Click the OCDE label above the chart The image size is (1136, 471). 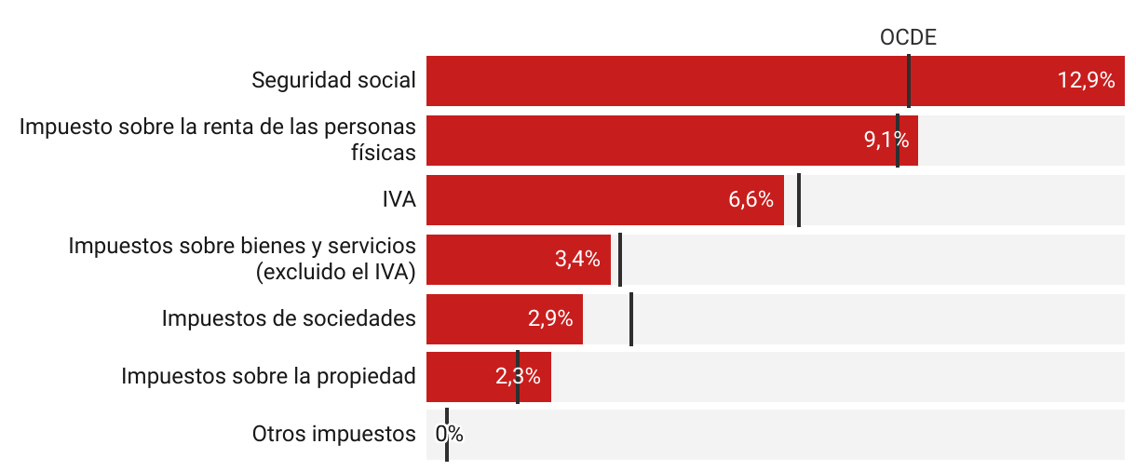[x=907, y=37]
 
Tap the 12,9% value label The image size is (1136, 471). [x=1086, y=81]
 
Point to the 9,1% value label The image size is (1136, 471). [x=886, y=141]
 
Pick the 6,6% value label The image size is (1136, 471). [x=751, y=200]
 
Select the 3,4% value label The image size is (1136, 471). [x=577, y=260]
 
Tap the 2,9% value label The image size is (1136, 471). [x=549, y=319]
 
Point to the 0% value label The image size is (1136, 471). [x=450, y=435]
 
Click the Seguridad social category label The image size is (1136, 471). [x=333, y=81]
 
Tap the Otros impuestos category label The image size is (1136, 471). [x=333, y=435]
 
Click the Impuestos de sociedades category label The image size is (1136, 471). [x=289, y=319]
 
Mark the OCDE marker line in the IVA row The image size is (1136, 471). [x=799, y=200]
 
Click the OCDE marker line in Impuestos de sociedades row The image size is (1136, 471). [x=631, y=319]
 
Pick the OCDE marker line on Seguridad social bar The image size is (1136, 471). [x=909, y=81]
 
